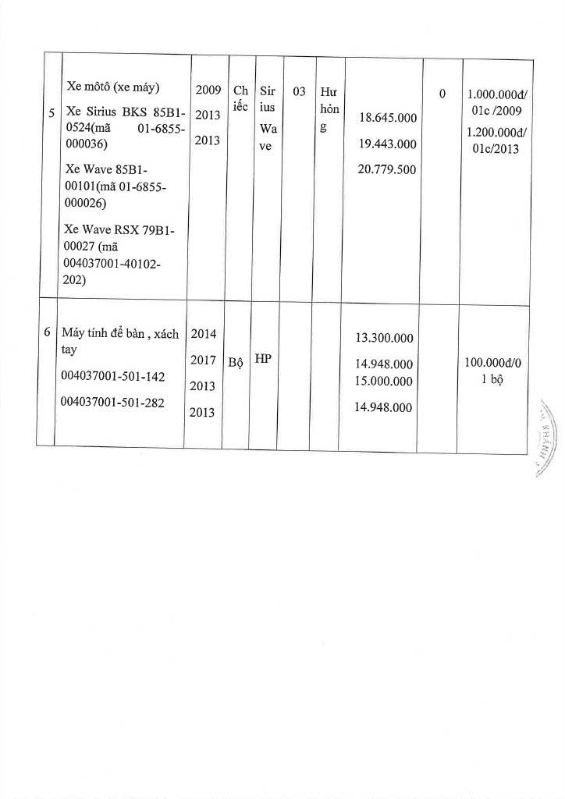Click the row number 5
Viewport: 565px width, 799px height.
[x=51, y=114]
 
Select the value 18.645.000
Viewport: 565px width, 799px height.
[x=386, y=118]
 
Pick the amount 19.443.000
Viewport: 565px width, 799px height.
[x=386, y=144]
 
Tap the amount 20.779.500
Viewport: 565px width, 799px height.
[x=386, y=169]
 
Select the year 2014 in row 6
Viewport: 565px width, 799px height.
[x=204, y=334]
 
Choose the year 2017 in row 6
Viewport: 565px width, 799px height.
[x=204, y=360]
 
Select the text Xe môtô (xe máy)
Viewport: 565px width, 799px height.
[x=113, y=87]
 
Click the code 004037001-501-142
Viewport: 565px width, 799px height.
[x=113, y=377]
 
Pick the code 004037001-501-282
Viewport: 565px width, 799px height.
[x=113, y=403]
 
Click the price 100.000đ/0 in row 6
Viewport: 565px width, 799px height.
[x=497, y=364]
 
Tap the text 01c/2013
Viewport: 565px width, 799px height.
[x=497, y=149]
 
